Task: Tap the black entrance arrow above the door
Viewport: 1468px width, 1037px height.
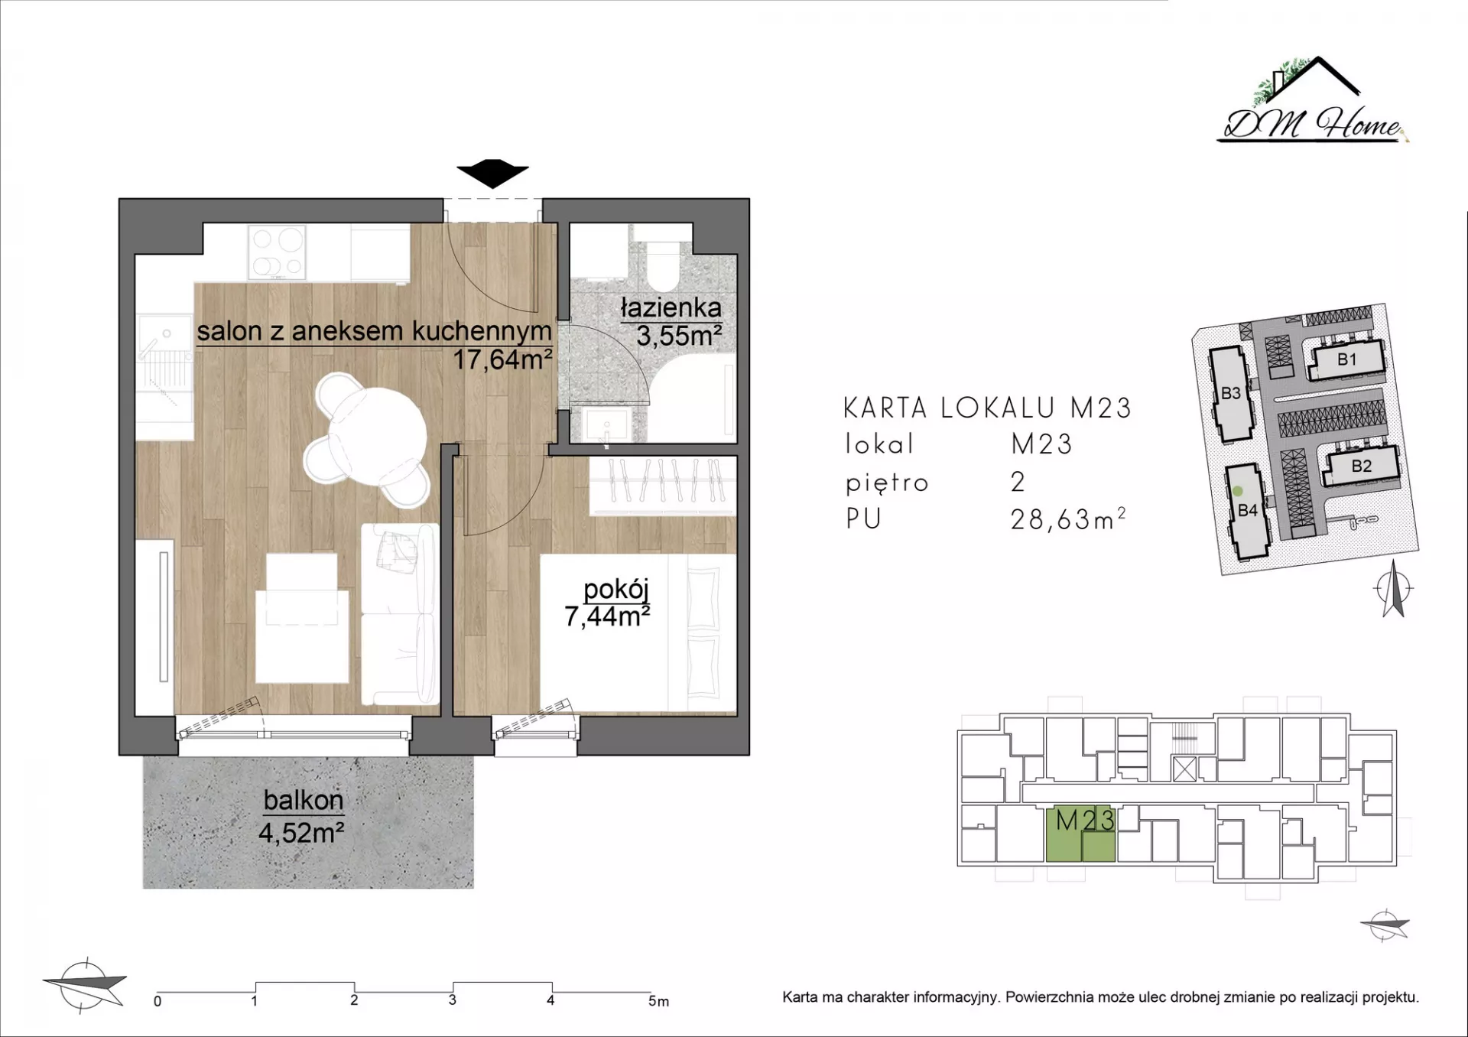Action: [492, 174]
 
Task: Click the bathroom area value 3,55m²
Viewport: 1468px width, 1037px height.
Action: [679, 335]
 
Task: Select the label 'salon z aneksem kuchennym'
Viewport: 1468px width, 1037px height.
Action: [374, 331]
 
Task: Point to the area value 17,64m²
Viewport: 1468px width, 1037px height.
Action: [502, 359]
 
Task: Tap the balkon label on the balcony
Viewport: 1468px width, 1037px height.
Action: [303, 800]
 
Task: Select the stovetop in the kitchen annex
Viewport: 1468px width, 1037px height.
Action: [276, 252]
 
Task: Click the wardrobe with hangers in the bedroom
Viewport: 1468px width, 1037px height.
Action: [662, 485]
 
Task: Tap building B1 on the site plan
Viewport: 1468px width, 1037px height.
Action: [1346, 359]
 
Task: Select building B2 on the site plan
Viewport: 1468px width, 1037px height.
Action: [1361, 465]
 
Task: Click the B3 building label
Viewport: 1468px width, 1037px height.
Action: [1230, 393]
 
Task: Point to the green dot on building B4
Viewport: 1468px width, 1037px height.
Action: [1238, 492]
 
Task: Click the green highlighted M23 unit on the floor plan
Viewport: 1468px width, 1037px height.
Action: [1080, 834]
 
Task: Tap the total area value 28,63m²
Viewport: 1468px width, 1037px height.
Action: [1068, 519]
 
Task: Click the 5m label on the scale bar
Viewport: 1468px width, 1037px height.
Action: [658, 1001]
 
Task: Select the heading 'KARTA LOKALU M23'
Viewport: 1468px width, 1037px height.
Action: [987, 408]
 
